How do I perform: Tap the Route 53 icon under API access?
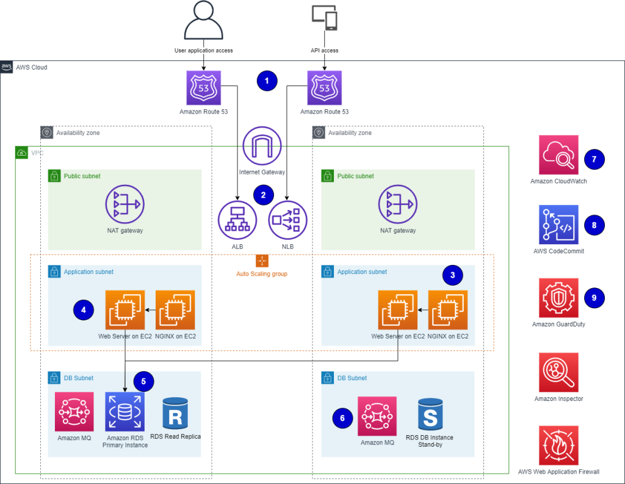pos(324,88)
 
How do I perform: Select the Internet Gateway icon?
pos(262,147)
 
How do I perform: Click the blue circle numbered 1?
pos(267,81)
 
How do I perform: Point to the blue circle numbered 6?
pos(342,418)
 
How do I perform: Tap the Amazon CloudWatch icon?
pos(558,155)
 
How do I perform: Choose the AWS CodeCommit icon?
pos(558,225)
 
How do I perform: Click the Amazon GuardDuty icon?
pos(558,298)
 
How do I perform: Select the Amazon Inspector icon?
pos(558,372)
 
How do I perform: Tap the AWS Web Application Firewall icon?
pos(558,446)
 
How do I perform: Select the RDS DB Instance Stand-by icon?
pos(430,414)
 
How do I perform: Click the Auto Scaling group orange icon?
pos(262,261)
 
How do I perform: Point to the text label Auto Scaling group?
pos(262,274)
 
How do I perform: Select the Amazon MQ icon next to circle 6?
pos(377,416)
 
